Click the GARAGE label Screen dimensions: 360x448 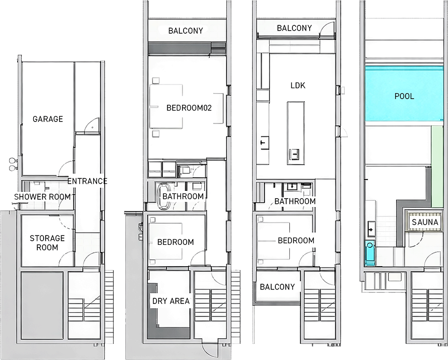(x=48, y=119)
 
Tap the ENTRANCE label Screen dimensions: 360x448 (x=88, y=181)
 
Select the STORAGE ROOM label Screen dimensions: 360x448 (x=47, y=243)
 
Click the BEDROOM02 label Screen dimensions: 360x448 (x=189, y=108)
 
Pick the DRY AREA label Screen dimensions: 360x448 (x=171, y=301)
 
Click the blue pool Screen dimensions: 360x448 (x=404, y=96)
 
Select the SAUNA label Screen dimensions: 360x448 (x=425, y=223)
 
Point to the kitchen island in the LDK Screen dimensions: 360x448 (x=296, y=133)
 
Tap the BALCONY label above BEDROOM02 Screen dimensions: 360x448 (x=186, y=31)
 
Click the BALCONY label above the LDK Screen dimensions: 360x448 (x=295, y=28)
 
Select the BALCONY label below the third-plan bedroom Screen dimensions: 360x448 (x=277, y=287)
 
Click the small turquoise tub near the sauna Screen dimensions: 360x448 (x=369, y=254)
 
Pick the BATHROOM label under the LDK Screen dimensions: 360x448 (x=295, y=201)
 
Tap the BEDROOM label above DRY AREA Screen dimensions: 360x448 (x=176, y=242)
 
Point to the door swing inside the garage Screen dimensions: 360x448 (x=90, y=125)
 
